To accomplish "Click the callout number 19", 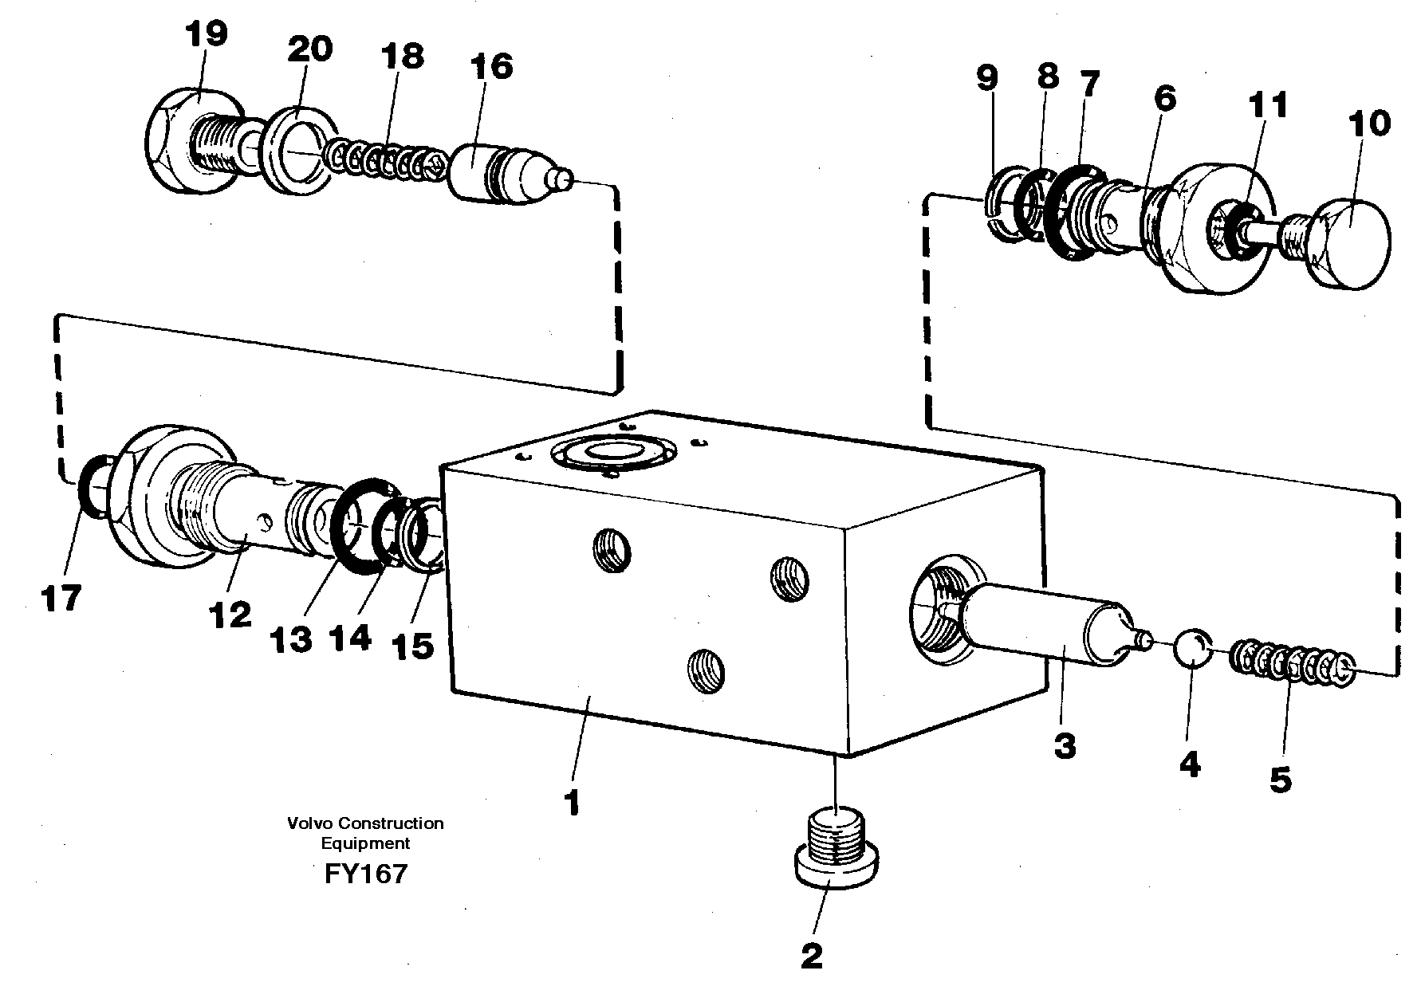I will (206, 35).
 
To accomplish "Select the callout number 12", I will (230, 614).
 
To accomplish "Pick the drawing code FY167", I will (365, 874).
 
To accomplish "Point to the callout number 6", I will (1163, 100).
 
